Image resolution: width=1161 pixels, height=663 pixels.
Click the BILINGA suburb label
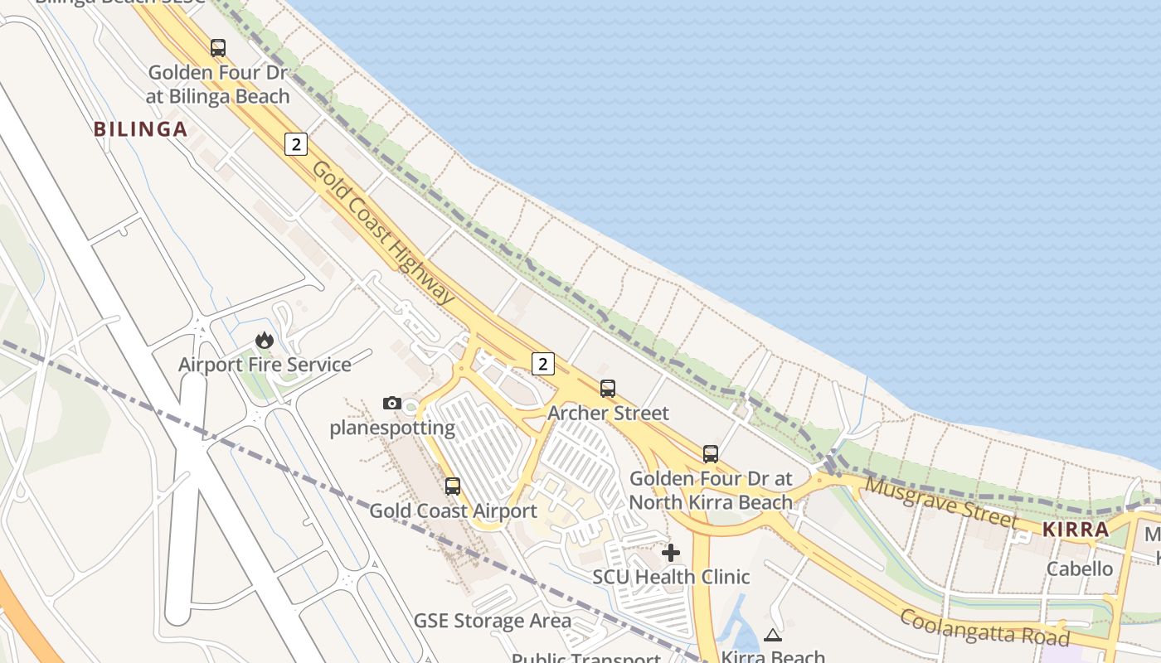click(140, 129)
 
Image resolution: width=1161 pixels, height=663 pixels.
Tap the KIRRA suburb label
click(1076, 530)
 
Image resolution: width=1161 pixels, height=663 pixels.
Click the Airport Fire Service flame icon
click(265, 340)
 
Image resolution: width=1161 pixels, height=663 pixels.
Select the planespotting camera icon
click(392, 404)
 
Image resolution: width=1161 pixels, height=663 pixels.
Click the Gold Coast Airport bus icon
click(453, 486)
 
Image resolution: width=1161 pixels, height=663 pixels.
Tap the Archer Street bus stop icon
click(608, 388)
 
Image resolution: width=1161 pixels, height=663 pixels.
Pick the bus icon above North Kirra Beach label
click(711, 453)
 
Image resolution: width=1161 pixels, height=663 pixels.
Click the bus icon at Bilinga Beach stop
click(218, 48)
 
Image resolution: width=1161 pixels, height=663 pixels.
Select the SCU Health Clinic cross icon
click(671, 552)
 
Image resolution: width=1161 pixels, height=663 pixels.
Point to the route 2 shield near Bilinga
click(296, 144)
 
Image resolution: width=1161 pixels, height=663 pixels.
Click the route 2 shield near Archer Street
click(542, 363)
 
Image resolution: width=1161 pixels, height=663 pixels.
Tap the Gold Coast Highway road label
click(384, 232)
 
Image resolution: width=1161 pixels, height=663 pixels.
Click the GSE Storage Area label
click(493, 621)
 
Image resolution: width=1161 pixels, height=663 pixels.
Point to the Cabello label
click(1080, 569)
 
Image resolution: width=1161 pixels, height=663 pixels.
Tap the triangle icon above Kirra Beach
click(773, 636)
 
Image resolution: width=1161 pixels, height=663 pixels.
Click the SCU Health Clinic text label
click(671, 577)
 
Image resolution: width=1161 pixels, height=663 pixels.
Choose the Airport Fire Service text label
click(265, 365)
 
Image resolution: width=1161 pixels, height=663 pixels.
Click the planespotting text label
click(392, 428)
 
